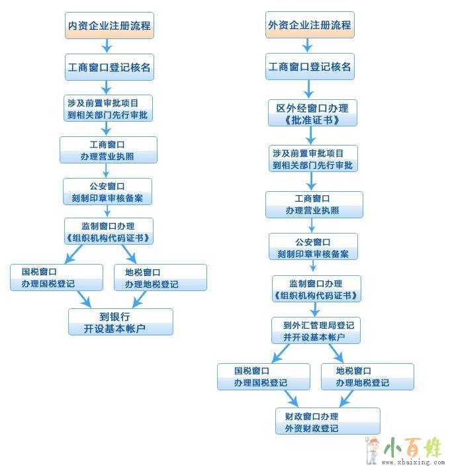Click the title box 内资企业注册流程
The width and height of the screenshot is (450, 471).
(109, 25)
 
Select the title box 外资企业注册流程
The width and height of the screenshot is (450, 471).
(310, 24)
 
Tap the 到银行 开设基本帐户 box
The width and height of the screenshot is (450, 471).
(120, 321)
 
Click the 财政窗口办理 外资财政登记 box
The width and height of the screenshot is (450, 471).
(328, 421)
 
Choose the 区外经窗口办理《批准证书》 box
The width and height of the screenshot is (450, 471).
(312, 112)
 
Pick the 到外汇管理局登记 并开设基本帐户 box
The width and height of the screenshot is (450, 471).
(316, 330)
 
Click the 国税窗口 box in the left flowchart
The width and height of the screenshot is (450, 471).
(56, 277)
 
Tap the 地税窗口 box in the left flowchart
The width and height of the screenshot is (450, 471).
(160, 277)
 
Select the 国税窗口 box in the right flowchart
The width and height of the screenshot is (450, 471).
(263, 376)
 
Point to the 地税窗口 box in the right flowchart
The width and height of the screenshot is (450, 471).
(367, 376)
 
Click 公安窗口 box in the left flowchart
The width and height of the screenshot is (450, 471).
(107, 192)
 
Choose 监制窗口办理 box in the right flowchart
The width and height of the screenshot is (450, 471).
(316, 288)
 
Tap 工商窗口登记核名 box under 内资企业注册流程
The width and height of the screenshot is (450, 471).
(109, 67)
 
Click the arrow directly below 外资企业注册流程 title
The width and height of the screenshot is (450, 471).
(307, 46)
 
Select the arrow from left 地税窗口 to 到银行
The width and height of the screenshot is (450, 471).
(139, 300)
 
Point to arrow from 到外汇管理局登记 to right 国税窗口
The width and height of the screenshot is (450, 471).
(281, 353)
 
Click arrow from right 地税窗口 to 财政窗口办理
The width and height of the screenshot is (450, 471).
(346, 399)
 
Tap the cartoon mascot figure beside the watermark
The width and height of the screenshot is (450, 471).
(373, 450)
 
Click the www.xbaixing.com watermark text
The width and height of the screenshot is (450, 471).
(413, 462)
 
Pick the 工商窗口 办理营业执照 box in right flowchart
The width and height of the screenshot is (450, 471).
(314, 204)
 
